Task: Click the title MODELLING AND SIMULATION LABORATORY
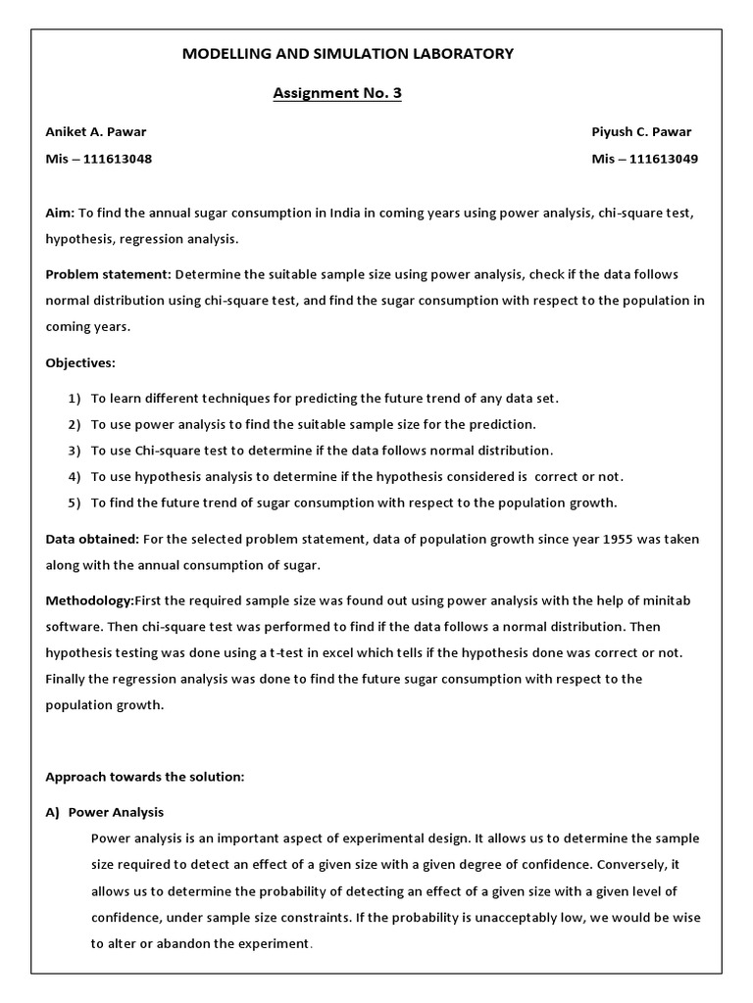(347, 55)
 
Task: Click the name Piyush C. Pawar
(641, 132)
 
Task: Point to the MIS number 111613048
(116, 159)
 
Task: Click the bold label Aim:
(60, 213)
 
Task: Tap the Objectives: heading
(80, 362)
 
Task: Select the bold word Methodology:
(89, 599)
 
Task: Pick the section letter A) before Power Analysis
(55, 812)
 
